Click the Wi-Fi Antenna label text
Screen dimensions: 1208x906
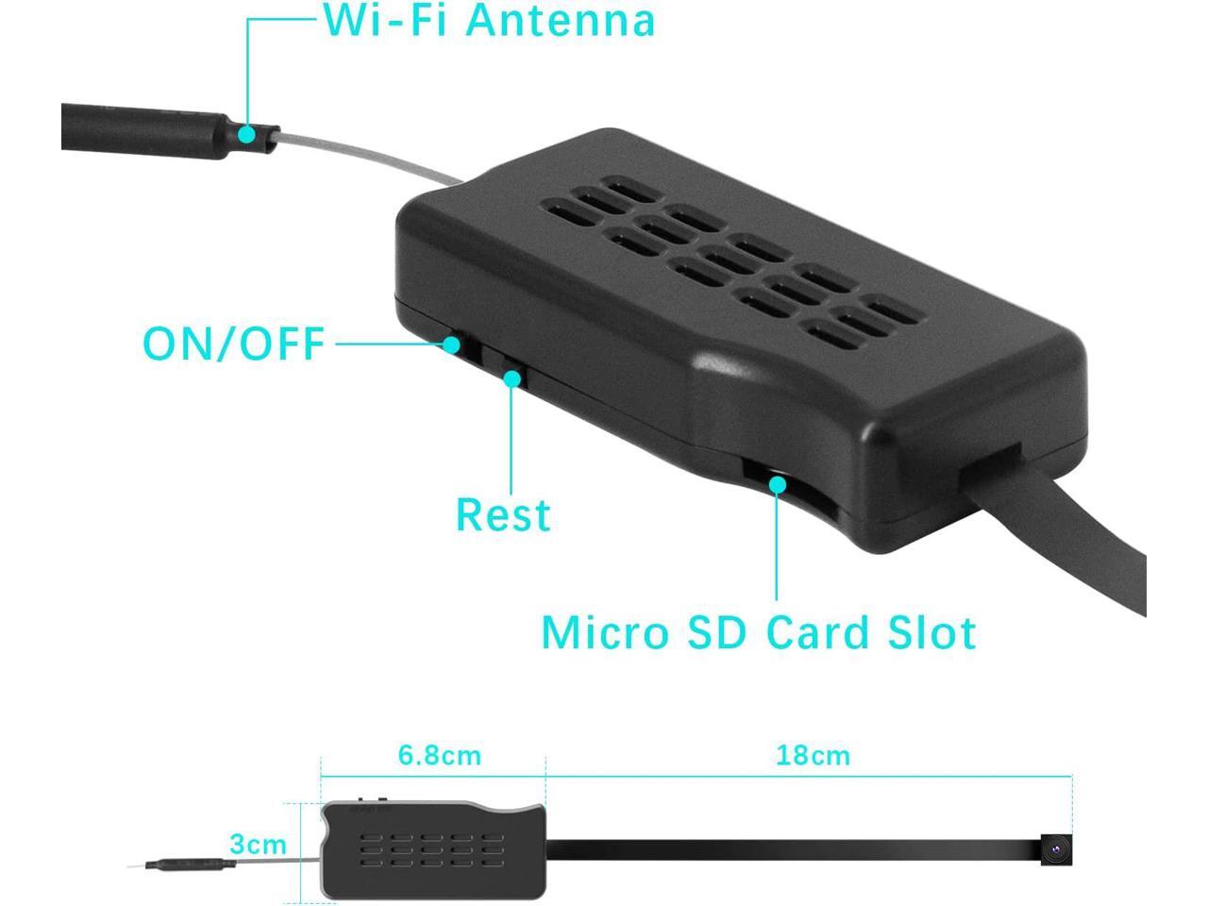tap(489, 21)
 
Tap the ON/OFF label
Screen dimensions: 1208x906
tap(234, 344)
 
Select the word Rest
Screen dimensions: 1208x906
tap(502, 515)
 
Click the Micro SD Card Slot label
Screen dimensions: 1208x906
tap(758, 632)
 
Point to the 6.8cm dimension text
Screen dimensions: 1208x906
tap(439, 755)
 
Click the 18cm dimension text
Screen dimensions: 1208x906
tap(813, 755)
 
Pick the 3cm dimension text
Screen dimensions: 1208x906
tap(258, 845)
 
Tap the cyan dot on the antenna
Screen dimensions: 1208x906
tap(246, 134)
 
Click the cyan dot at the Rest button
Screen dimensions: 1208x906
tap(512, 378)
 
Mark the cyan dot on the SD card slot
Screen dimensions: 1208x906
tap(777, 484)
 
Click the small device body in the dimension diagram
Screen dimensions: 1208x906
tap(434, 848)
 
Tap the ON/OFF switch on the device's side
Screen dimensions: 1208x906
tap(454, 344)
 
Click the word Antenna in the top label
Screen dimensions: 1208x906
tap(561, 21)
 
